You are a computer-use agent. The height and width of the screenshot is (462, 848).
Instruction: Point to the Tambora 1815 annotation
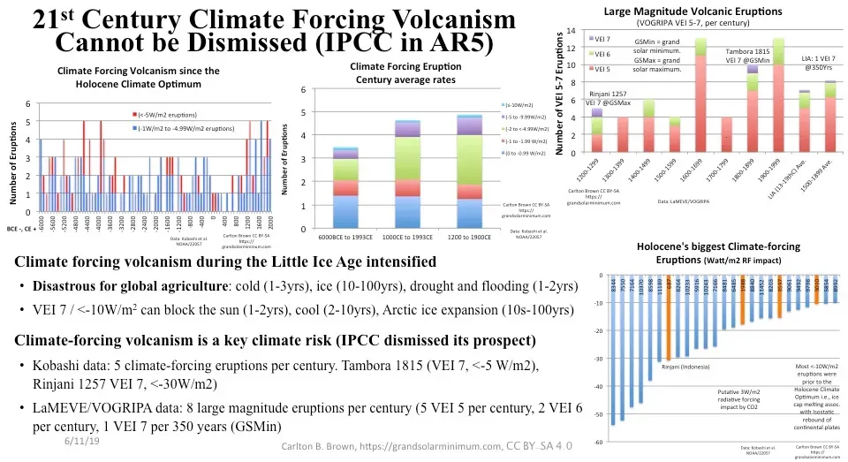pos(748,54)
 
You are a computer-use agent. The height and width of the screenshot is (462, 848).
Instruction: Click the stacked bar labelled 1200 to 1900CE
pos(481,169)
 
